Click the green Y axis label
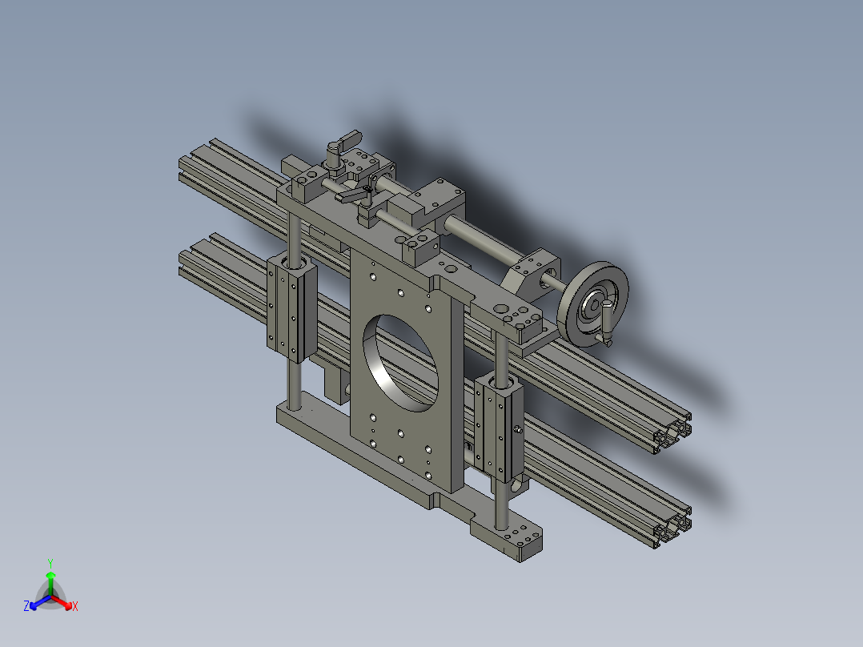50,563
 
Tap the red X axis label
74,607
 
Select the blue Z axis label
26,607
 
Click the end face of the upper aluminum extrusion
672,434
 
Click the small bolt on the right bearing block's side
519,431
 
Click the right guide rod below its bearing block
501,500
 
